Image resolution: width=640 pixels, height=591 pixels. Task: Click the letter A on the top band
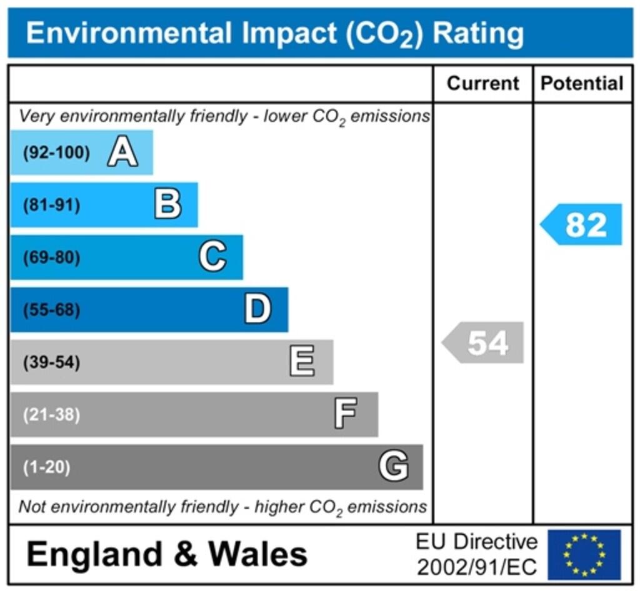click(x=122, y=152)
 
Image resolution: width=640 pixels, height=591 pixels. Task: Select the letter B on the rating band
click(x=167, y=204)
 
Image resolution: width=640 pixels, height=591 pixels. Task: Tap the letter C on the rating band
click(x=212, y=257)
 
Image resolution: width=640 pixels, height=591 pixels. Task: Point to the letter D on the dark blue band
click(x=257, y=309)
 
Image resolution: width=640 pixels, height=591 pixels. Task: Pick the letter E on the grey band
click(x=302, y=362)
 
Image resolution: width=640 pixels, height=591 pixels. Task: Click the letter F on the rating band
click(x=346, y=414)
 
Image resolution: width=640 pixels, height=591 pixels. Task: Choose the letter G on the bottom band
click(x=394, y=467)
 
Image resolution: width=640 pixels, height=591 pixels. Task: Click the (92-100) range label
click(x=56, y=152)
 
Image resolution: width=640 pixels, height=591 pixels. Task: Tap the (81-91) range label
click(x=52, y=205)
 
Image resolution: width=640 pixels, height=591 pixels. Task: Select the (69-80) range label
click(x=52, y=257)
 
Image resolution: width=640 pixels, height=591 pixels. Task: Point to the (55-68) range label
click(x=52, y=310)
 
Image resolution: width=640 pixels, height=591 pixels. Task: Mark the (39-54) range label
click(x=52, y=362)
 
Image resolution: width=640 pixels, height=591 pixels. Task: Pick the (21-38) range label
click(x=52, y=415)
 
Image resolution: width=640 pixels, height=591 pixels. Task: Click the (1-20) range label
click(x=47, y=467)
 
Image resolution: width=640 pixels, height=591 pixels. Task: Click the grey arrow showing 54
click(x=483, y=342)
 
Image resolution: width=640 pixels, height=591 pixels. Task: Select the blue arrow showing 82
click(x=581, y=224)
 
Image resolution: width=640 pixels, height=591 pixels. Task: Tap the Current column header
click(x=483, y=83)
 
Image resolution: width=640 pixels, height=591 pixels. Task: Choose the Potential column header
click(x=582, y=83)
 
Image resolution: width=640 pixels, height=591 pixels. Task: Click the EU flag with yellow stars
click(x=584, y=554)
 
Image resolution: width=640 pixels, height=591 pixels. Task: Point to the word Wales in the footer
click(x=257, y=554)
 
